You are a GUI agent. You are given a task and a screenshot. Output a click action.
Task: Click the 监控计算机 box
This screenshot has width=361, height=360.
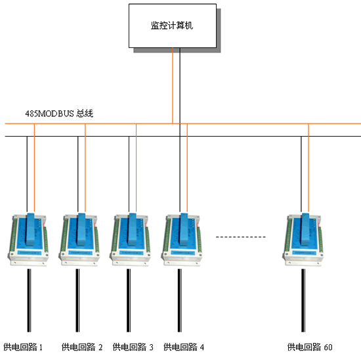(x=173, y=26)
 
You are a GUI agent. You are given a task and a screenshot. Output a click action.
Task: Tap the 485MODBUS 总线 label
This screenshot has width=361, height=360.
(x=59, y=114)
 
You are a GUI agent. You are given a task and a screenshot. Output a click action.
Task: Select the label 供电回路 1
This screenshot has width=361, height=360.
(x=23, y=347)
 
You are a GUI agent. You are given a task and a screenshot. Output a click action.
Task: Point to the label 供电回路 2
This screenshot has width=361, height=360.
(x=82, y=347)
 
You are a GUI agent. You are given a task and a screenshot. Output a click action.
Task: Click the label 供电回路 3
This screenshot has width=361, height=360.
(x=133, y=347)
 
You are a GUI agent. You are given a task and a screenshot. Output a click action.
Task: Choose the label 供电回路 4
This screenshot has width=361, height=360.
(x=184, y=347)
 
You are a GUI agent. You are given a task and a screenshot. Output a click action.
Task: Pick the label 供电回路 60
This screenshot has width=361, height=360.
(x=310, y=347)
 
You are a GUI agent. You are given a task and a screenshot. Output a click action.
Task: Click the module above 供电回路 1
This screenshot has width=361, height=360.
(x=28, y=240)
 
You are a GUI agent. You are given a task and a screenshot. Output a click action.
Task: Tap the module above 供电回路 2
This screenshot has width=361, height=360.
(x=79, y=240)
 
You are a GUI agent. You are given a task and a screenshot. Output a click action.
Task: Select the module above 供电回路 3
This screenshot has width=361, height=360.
(x=131, y=240)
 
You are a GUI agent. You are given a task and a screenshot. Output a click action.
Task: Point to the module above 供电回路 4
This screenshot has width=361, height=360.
(x=182, y=240)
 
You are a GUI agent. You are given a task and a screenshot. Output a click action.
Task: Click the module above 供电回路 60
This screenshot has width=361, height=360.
(x=303, y=240)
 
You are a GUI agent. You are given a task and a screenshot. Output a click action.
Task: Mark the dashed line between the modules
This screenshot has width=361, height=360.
(x=241, y=236)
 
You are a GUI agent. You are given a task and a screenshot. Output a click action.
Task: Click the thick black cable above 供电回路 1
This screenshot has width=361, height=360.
(x=29, y=300)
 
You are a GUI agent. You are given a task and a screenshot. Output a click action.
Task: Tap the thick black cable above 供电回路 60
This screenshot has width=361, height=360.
(x=303, y=300)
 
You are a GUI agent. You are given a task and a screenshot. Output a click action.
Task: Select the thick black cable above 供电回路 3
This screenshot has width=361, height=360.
(x=129, y=300)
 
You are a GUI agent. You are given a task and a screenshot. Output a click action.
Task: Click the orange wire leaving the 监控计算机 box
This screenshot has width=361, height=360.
(x=173, y=85)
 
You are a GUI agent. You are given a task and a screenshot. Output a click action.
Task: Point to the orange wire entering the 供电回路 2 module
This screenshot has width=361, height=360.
(x=85, y=168)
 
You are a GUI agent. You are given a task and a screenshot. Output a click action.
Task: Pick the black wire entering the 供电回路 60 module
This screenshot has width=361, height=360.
(x=301, y=174)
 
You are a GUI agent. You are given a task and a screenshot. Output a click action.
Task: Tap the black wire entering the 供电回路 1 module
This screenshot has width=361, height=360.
(x=27, y=174)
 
